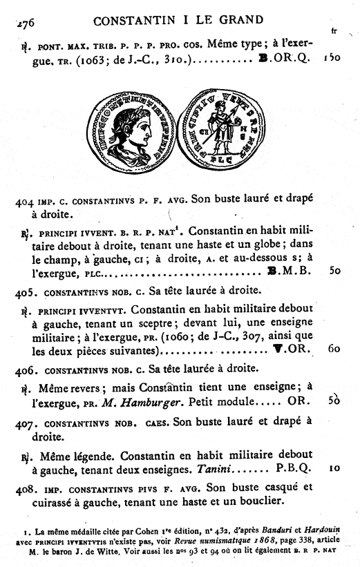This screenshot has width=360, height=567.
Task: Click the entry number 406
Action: point(24,369)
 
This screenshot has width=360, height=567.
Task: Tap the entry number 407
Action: point(24,420)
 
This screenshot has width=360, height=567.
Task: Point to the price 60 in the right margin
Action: point(332,349)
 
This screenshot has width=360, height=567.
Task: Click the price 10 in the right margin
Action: point(333,468)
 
